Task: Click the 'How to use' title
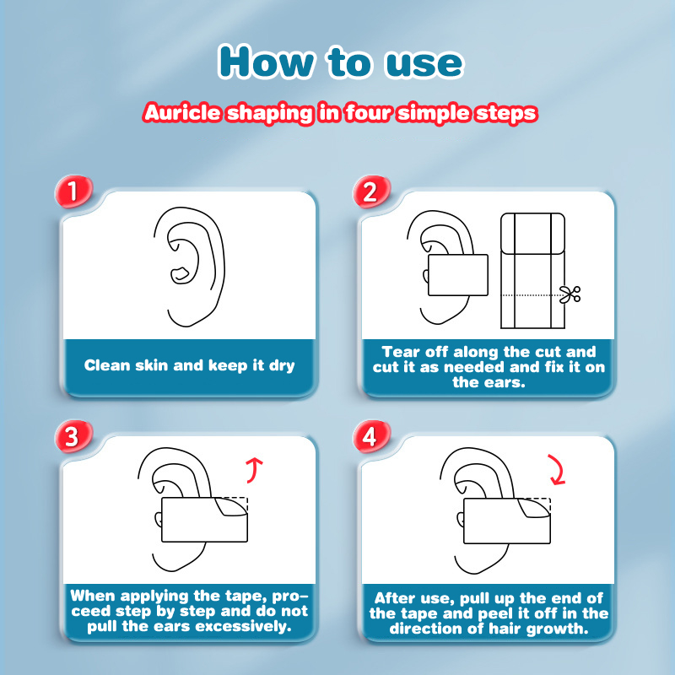point(341,62)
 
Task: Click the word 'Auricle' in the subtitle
point(182,113)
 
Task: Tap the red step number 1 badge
point(73,192)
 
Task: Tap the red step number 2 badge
point(371,192)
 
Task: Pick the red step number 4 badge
point(371,436)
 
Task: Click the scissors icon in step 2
point(570,294)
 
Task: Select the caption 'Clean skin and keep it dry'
point(189,365)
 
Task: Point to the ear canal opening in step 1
point(181,275)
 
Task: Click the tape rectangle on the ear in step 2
point(458,275)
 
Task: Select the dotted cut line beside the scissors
point(532,294)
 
